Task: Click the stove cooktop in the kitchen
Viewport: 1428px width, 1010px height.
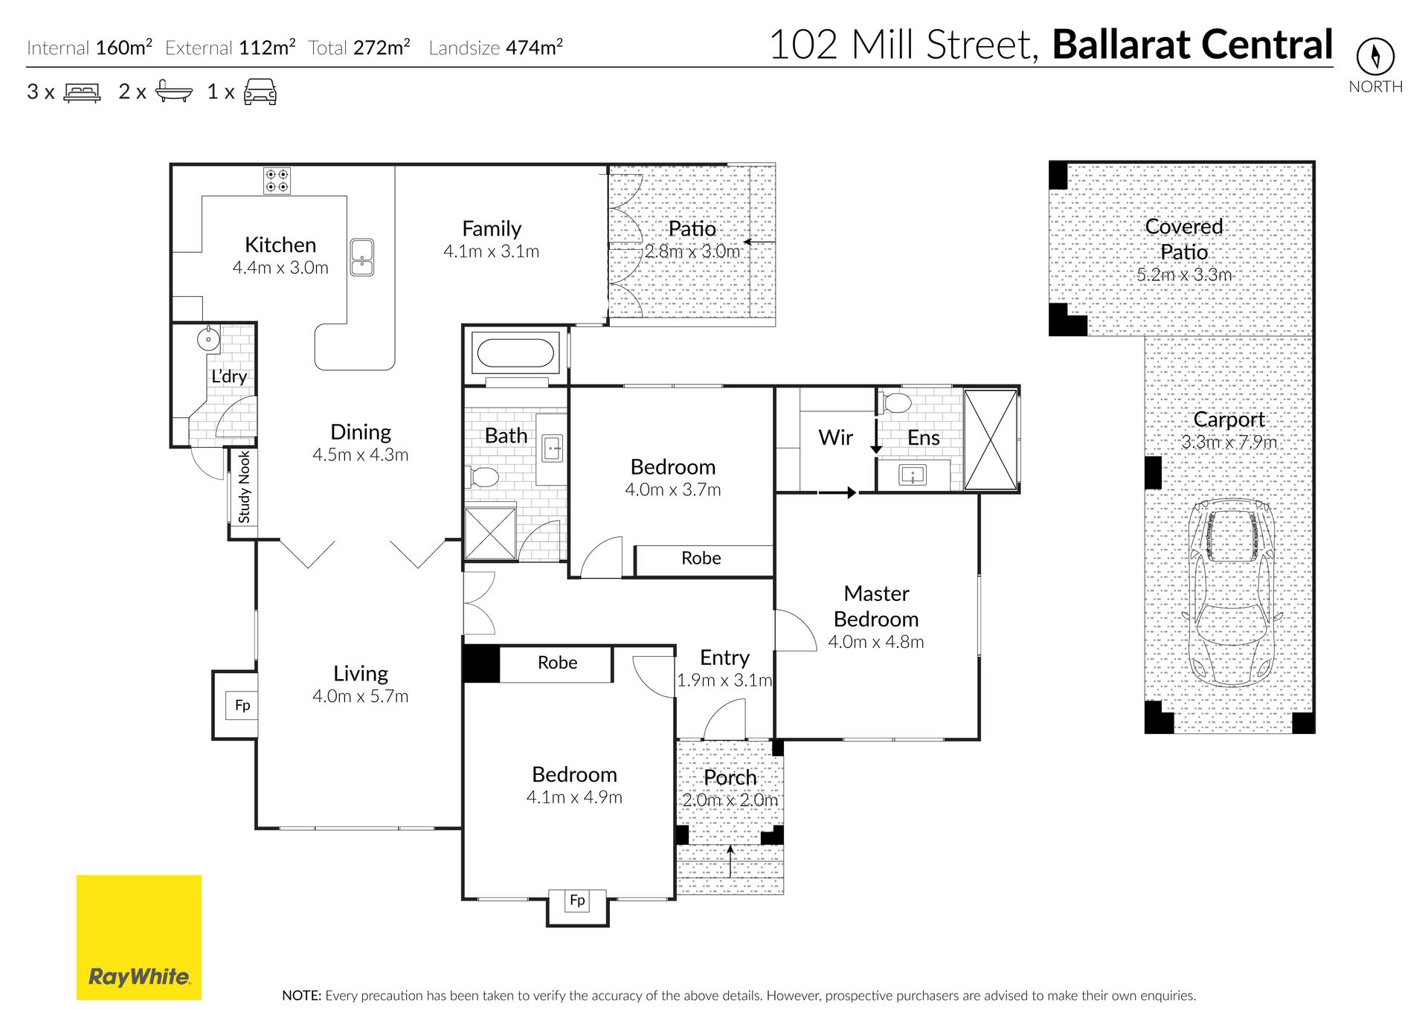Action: coord(277,181)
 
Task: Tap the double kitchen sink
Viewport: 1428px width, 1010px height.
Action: coord(362,257)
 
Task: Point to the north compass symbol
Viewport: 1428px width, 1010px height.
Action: coord(1375,56)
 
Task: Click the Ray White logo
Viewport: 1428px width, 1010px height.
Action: coord(139,937)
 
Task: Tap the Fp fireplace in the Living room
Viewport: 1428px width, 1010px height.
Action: coord(242,705)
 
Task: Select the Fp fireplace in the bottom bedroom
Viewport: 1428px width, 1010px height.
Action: coord(577,901)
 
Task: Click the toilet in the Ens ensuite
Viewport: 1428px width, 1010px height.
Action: coord(896,402)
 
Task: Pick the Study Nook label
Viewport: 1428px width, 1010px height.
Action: coord(244,488)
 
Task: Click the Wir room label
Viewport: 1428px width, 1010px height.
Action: coord(835,437)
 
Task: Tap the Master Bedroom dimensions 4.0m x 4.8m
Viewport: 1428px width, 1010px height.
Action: coord(876,642)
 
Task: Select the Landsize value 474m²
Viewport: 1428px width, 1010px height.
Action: coord(534,47)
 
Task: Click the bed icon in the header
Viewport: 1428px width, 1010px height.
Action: coord(82,92)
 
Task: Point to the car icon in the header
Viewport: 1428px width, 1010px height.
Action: coord(260,91)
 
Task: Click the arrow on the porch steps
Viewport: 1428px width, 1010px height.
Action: coord(730,861)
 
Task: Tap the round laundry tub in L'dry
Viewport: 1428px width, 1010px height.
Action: coord(208,339)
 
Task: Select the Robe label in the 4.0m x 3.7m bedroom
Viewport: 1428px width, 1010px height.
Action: coord(701,558)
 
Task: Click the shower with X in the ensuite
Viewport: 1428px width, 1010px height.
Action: coord(990,440)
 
